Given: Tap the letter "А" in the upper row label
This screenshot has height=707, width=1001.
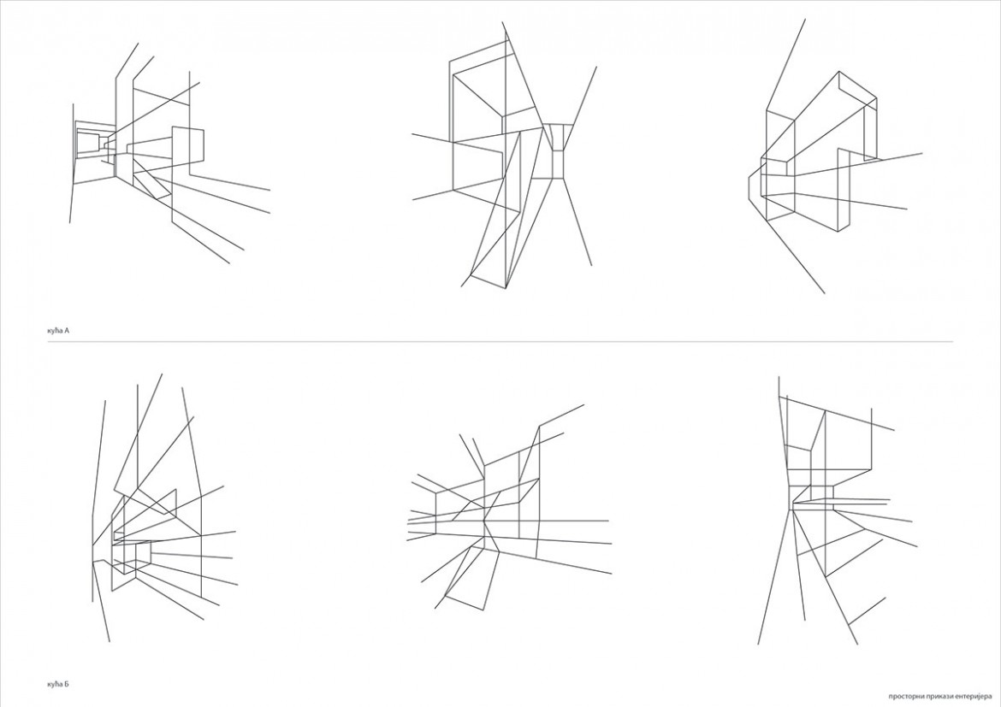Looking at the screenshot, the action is [x=67, y=331].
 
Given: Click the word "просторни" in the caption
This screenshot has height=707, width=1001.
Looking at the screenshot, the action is [x=903, y=696].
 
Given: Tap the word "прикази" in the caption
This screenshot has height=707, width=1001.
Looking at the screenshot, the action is [x=932, y=696].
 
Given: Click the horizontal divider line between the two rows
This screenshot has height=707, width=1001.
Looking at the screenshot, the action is [x=500, y=342].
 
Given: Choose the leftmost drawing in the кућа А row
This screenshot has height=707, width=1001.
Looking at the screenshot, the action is [x=169, y=153].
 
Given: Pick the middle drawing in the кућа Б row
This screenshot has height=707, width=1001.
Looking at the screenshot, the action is [x=509, y=509].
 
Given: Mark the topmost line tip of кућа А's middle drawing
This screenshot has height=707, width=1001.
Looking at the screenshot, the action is [x=502, y=22].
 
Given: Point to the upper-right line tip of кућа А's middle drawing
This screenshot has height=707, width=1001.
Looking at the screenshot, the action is [x=597, y=67].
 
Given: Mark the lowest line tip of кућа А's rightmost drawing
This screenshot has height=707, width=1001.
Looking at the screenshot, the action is [x=825, y=293].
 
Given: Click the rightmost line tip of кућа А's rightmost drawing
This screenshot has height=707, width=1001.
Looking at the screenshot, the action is [x=921, y=153].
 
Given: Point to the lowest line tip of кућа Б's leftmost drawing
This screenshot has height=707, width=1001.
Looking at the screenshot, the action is [x=110, y=641].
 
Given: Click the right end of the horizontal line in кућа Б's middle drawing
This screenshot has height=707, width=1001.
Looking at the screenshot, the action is [x=608, y=521].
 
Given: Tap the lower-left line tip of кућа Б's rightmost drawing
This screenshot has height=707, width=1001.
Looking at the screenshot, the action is [x=758, y=644].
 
